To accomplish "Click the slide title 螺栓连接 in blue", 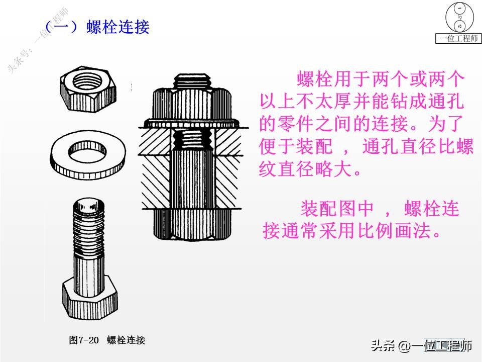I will coord(118,27).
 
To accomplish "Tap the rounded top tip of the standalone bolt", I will coord(90,204).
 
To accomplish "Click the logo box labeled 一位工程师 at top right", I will coord(458,38).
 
